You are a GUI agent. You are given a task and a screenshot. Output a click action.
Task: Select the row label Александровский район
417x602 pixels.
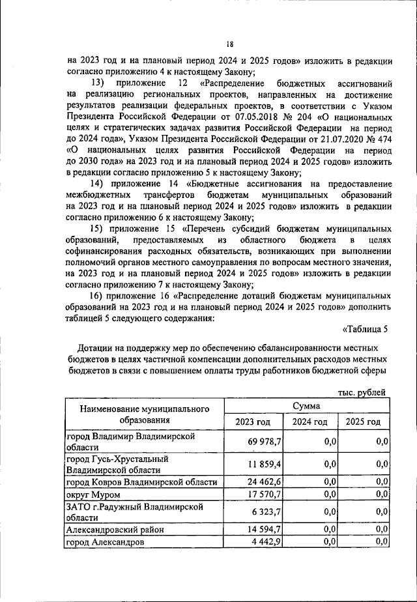115,529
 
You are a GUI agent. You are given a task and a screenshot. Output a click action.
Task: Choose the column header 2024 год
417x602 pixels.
309,422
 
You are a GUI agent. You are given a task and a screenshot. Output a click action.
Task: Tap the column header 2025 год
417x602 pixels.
363,422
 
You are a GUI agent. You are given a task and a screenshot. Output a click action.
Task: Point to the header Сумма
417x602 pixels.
306,405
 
